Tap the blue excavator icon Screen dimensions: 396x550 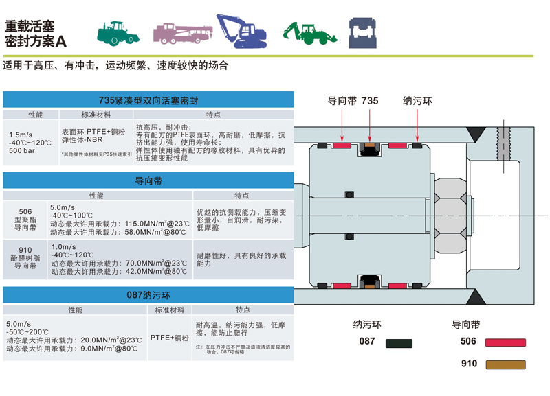[x=242, y=30]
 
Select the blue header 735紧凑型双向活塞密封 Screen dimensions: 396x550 [x=148, y=100]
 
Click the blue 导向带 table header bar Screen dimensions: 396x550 [x=148, y=181]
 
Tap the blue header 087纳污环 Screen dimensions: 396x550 [x=148, y=296]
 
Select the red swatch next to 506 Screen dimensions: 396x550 [x=505, y=342]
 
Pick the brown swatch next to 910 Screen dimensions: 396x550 [x=505, y=364]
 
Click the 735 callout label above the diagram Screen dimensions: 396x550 [x=369, y=101]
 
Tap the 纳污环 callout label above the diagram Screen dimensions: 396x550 [x=417, y=101]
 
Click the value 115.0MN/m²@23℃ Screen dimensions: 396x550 [x=155, y=224]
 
